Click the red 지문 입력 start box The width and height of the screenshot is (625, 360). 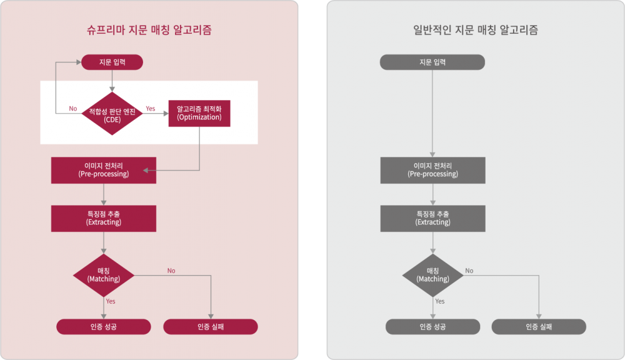coord(112,62)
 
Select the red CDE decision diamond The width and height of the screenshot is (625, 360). coord(112,114)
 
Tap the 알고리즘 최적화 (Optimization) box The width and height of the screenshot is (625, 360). coord(199,112)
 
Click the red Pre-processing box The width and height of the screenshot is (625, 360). coord(104,170)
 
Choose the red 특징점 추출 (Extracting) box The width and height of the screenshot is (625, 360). coord(104,218)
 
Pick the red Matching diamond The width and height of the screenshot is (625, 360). coord(104,275)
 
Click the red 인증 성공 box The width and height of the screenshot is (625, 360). coord(104,327)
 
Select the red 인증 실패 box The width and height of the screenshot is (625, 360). coord(211,327)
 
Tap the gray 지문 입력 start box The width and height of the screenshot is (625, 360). coord(432,62)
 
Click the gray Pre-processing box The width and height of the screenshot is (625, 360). coord(432,170)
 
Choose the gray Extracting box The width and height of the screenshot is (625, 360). coord(432,218)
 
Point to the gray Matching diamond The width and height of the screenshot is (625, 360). coord(432,275)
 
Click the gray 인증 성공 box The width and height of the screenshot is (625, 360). coord(432,327)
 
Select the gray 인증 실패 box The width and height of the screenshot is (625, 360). coord(539,327)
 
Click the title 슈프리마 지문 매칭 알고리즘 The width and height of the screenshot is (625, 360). coord(149,30)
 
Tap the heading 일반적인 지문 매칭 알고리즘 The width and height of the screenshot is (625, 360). coord(476,30)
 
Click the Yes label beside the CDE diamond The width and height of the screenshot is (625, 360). coord(151,109)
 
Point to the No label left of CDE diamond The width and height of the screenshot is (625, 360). coord(73,109)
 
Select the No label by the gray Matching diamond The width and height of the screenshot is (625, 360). coord(469,271)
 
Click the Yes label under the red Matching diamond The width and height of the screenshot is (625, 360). coord(111,301)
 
